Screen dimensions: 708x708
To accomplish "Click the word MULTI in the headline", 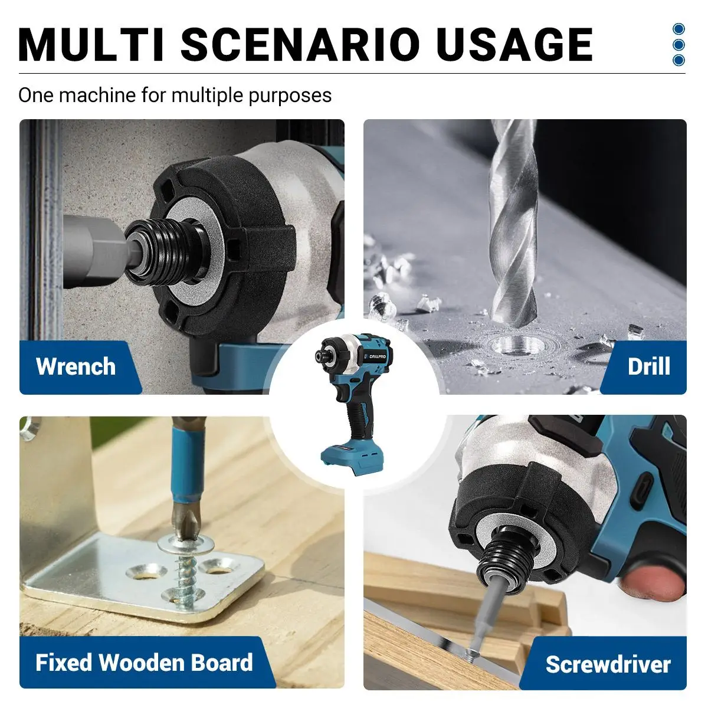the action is [91, 44].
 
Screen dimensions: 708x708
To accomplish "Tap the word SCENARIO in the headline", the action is [300, 44].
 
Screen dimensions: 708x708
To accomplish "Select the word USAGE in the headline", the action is [515, 44].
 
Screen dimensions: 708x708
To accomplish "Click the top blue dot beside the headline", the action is [678, 29].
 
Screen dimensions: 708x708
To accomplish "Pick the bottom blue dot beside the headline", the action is [678, 60].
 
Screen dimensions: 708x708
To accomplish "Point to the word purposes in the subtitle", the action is [290, 96].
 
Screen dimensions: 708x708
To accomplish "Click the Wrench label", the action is [76, 366].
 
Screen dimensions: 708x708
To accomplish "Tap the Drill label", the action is [649, 366].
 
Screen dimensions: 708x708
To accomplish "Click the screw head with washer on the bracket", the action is [186, 543].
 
